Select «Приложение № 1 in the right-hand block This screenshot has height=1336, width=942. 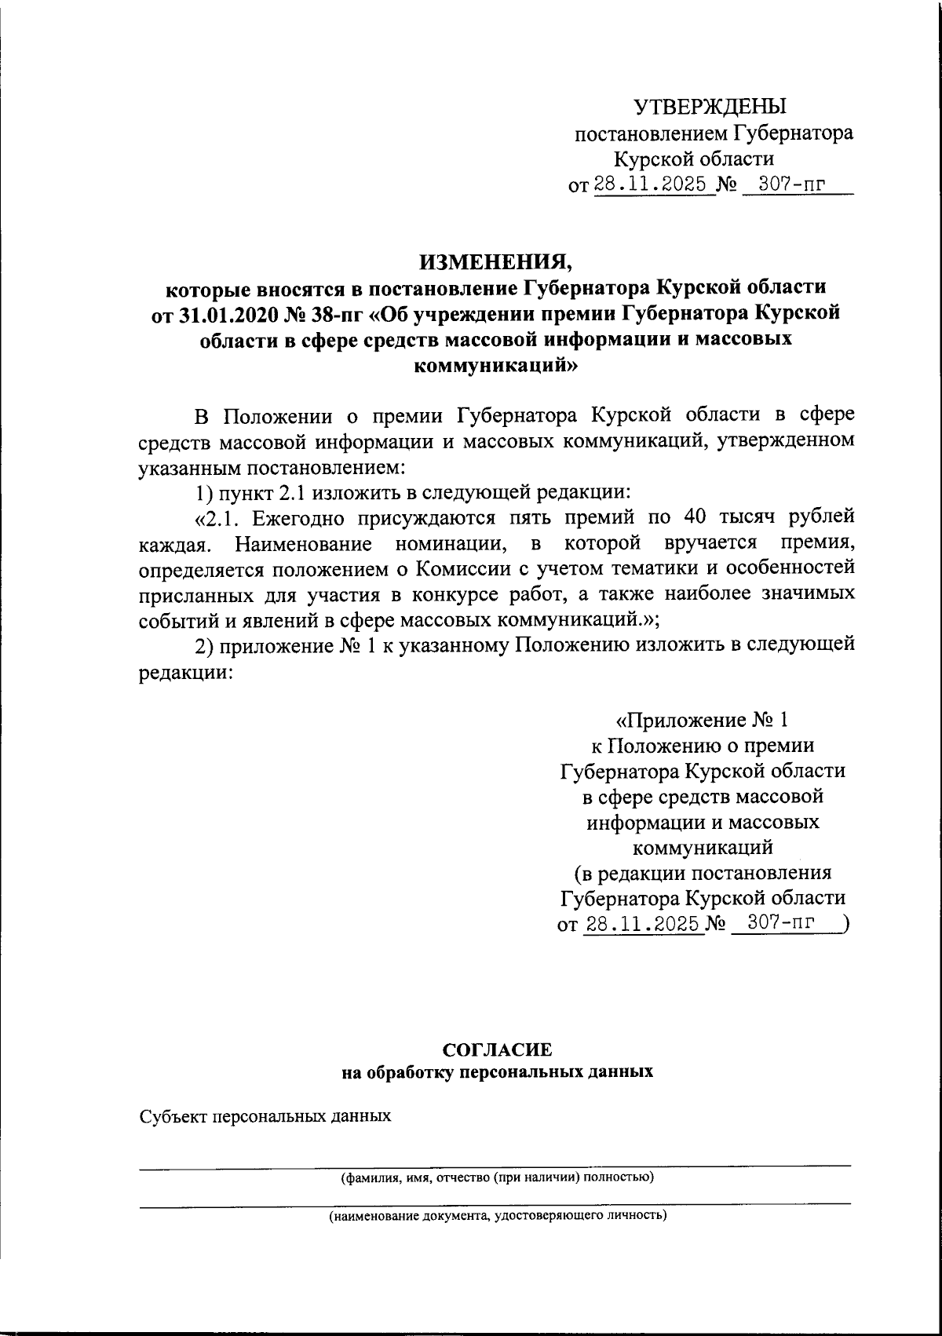706,720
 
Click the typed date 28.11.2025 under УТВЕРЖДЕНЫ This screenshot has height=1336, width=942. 655,185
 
